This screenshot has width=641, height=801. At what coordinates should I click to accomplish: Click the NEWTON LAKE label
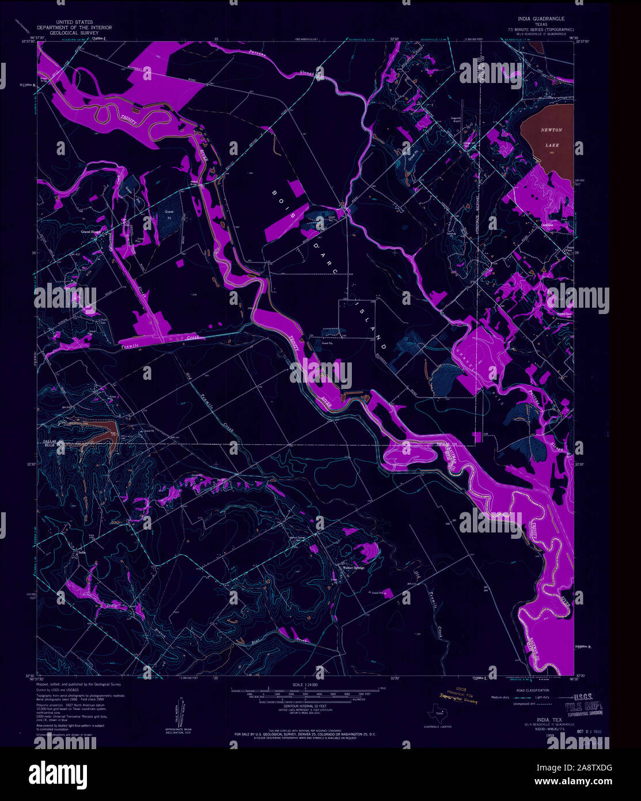551,137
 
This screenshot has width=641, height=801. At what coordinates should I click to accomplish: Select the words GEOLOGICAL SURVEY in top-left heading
74,33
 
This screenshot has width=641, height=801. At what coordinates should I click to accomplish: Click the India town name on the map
82,552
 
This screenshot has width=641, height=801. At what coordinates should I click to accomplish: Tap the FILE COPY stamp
584,705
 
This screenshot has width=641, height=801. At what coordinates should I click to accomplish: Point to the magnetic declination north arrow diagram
179,715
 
